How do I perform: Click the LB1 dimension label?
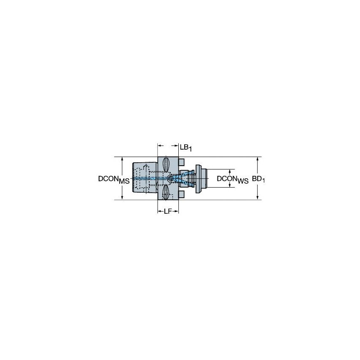[x=185, y=147]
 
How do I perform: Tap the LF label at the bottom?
[x=167, y=211]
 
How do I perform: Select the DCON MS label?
[x=113, y=179]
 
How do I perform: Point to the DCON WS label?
[x=232, y=179]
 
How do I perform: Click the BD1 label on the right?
[x=261, y=179]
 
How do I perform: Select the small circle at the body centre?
[x=169, y=179]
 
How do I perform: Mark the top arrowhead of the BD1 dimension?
[x=257, y=160]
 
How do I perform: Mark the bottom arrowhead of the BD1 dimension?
[x=257, y=198]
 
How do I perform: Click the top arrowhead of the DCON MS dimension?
[x=122, y=160]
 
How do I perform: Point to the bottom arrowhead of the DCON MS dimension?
[x=122, y=198]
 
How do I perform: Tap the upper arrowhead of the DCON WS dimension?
[x=230, y=171]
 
